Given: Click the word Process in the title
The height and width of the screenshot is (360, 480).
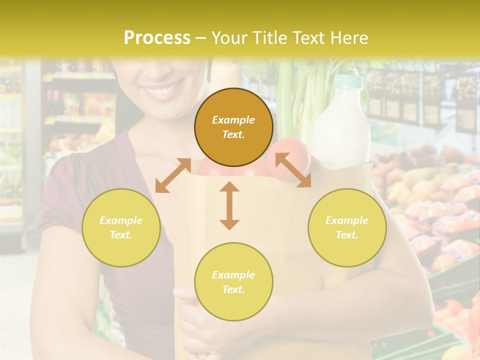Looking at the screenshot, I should coord(157,38).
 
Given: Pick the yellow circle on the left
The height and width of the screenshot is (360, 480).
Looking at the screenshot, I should coord(121,227).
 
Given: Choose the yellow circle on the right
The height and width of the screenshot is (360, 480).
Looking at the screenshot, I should coord(347,227).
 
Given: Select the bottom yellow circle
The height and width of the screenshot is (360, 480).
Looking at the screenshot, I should coord(233,282).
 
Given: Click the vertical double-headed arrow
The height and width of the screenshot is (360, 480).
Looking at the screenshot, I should coord(229,205).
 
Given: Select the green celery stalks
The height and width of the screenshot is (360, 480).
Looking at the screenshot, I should coord(295,100).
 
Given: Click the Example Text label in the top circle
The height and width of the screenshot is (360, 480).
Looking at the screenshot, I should coord(233,127).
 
